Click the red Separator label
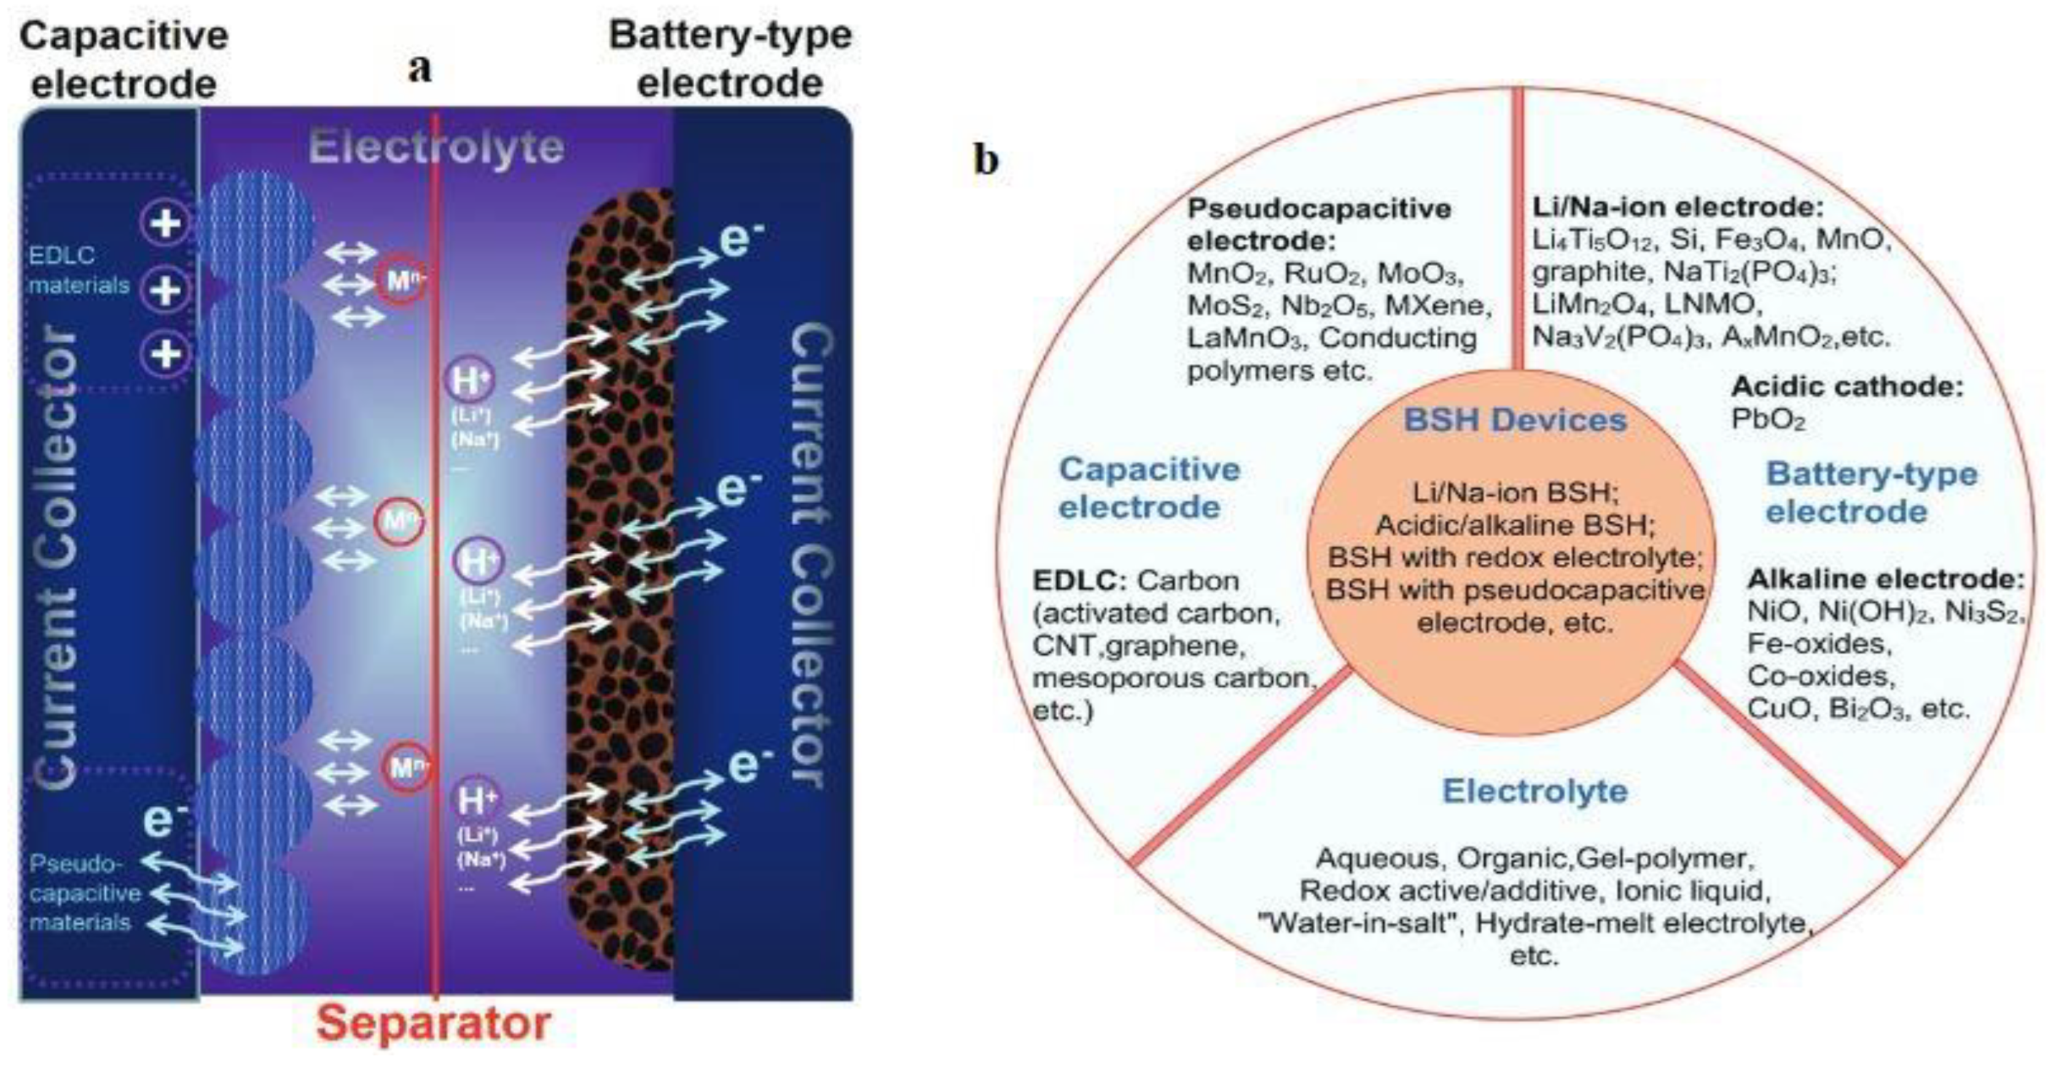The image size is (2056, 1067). coord(434,1023)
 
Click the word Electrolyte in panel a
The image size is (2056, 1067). coord(436,147)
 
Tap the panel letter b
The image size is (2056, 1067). coord(987,160)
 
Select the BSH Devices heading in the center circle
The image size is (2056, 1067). coord(1514,420)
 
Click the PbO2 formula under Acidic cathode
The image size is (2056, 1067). coord(1768,420)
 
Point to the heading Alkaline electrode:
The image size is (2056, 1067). coord(1886,578)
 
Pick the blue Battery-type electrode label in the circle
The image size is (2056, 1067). coord(1871,493)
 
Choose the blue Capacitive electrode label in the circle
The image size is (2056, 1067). coord(1149,488)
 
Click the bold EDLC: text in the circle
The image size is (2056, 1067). coord(1080,580)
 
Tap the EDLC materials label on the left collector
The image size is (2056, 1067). coord(78,270)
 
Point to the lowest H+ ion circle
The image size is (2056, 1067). coord(477,800)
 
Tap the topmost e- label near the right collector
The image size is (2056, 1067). coord(741,238)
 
